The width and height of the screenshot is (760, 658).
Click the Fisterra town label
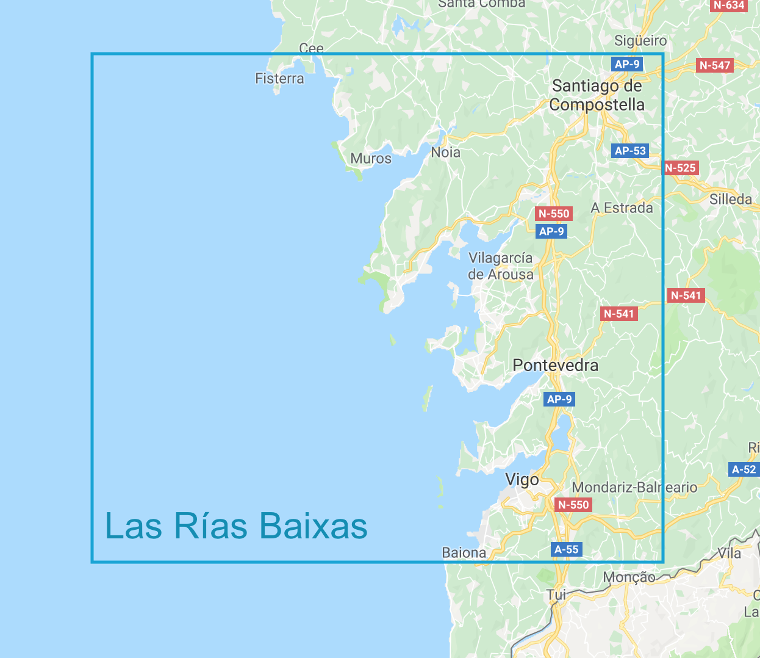[x=279, y=79]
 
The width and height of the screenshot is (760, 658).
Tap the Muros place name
[x=371, y=159]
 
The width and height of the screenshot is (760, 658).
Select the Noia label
[x=446, y=153]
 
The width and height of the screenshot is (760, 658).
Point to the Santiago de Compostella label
[x=597, y=95]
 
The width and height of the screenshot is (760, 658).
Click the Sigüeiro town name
[x=640, y=41]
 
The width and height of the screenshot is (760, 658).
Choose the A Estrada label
[x=622, y=208]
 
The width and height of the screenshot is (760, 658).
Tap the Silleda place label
[x=731, y=200]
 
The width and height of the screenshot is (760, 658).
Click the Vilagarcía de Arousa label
[x=501, y=266]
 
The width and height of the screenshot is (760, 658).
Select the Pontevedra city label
[x=556, y=366]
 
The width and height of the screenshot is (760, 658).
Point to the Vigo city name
[x=522, y=480]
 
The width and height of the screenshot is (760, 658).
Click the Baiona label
[x=464, y=553]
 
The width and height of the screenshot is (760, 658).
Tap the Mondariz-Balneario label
[x=634, y=488]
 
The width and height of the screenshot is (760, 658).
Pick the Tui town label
[x=556, y=595]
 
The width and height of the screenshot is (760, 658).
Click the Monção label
[x=629, y=577]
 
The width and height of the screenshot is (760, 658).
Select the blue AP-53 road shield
[x=630, y=151]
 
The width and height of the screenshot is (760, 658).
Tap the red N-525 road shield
[x=680, y=168]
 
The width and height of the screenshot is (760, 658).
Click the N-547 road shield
[x=715, y=65]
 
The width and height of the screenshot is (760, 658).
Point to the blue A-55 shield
[x=566, y=549]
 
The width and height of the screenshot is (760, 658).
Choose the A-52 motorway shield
[x=744, y=469]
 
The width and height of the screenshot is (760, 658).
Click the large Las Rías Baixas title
[x=237, y=526]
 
